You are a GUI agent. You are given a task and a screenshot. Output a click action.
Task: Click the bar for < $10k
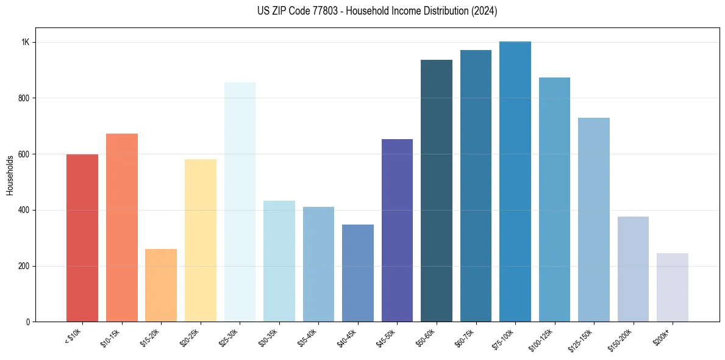[82, 238]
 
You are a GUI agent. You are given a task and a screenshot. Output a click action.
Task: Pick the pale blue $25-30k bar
[240, 202]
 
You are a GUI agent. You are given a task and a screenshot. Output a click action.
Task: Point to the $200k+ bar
[673, 287]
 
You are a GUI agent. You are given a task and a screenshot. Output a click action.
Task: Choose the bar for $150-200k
[633, 269]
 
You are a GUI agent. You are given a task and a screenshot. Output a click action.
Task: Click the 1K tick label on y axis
[26, 42]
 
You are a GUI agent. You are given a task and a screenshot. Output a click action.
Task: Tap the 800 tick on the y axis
[24, 98]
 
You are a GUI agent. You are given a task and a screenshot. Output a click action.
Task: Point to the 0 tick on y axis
[27, 322]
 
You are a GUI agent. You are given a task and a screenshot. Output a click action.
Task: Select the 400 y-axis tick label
[24, 210]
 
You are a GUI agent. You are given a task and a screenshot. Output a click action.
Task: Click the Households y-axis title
[10, 175]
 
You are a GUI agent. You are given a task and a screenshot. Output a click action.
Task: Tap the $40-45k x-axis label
[348, 337]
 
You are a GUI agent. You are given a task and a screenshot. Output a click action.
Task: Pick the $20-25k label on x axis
[191, 337]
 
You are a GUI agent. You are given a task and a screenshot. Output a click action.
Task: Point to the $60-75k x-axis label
[466, 337]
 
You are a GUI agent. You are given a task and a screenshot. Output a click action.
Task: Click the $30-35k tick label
[270, 337]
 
